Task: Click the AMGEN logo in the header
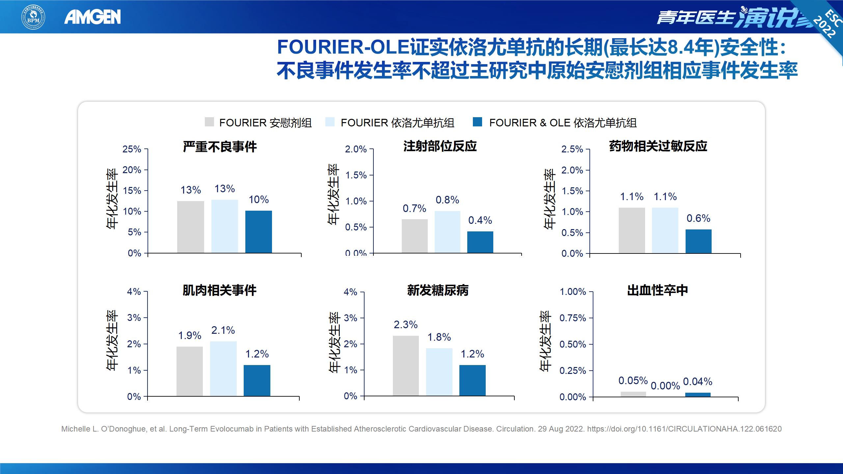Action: coord(93,17)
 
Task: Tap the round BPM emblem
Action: coord(33,17)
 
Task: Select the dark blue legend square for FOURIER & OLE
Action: coord(477,122)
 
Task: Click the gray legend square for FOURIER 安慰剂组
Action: coord(209,122)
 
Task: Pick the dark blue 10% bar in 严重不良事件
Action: coord(258,232)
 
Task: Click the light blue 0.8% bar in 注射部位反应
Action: coord(447,232)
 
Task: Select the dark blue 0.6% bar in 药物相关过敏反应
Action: coord(698,241)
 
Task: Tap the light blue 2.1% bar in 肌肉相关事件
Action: coord(223,369)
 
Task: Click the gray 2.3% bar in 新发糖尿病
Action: coord(406,366)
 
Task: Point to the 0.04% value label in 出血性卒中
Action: coord(697,382)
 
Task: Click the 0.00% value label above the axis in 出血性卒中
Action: coord(665,386)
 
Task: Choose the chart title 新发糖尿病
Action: coord(438,290)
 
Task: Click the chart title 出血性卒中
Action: coord(657,290)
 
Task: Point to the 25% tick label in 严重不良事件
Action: coord(132,149)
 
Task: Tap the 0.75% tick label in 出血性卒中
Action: coord(573,318)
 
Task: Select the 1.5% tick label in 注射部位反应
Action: coord(356,175)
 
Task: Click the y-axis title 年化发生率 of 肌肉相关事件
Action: coord(112,341)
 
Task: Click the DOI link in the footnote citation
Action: coord(684,429)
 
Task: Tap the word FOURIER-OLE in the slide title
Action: coord(343,47)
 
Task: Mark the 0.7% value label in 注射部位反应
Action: coord(414,208)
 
